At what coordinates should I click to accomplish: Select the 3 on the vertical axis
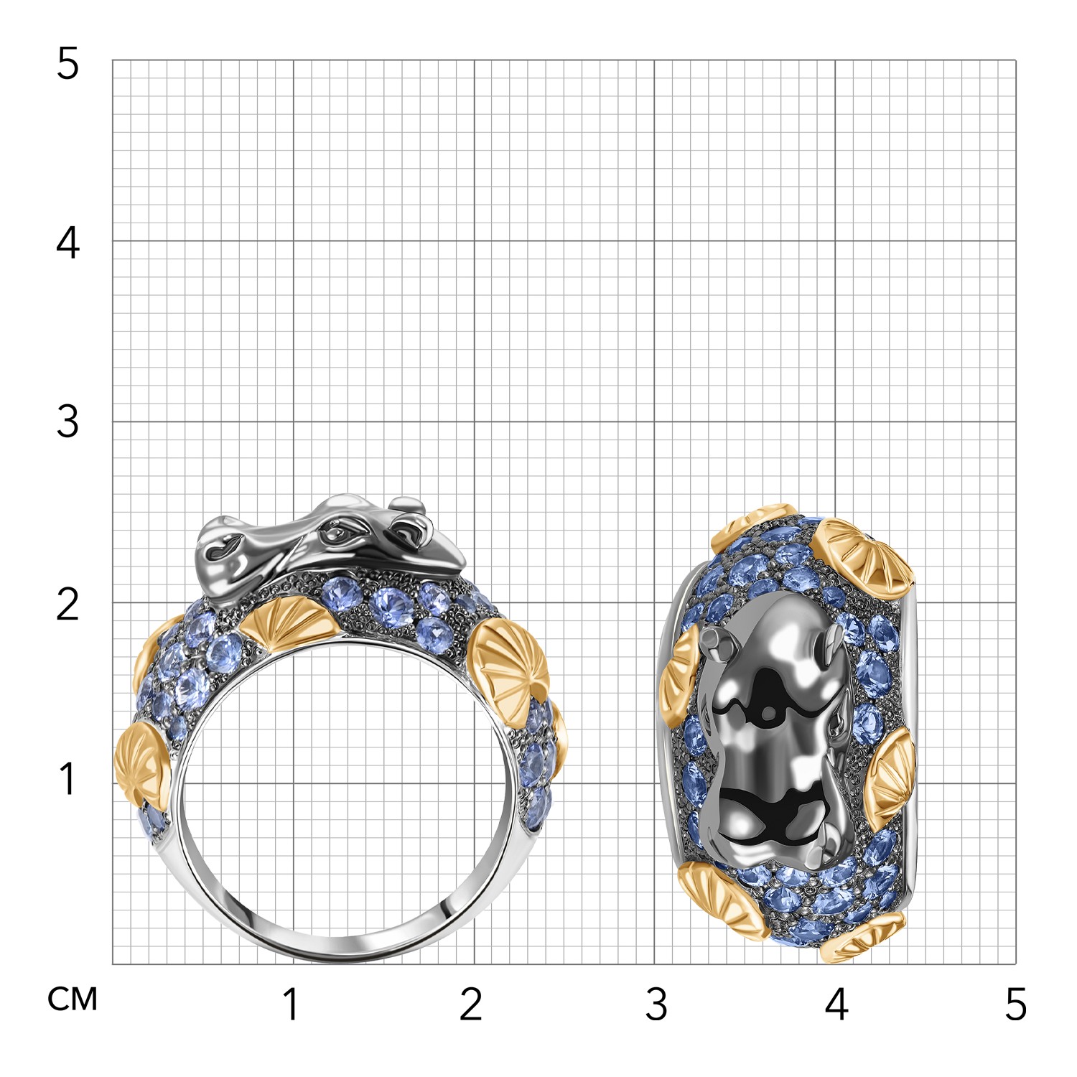point(67,421)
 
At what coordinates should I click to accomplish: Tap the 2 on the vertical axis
point(67,604)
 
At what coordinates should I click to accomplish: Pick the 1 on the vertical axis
point(69,779)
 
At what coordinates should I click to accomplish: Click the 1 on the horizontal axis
point(291,1004)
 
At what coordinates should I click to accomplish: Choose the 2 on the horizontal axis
point(471,1004)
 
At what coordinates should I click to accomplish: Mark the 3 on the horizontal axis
point(656,1004)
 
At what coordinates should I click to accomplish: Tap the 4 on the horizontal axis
point(837,1004)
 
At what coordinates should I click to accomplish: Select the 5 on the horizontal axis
point(1016,1004)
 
